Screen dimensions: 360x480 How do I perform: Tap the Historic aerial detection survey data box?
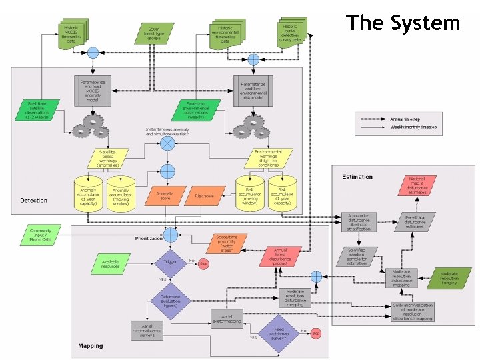[x=289, y=33]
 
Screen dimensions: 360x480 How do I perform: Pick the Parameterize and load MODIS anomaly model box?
[x=92, y=89]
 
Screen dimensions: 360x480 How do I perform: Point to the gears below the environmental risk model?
[x=251, y=125]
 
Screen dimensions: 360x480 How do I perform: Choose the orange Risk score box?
[x=204, y=196]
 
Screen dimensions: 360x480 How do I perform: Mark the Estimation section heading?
[x=357, y=177]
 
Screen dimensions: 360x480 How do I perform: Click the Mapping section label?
[x=91, y=346]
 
